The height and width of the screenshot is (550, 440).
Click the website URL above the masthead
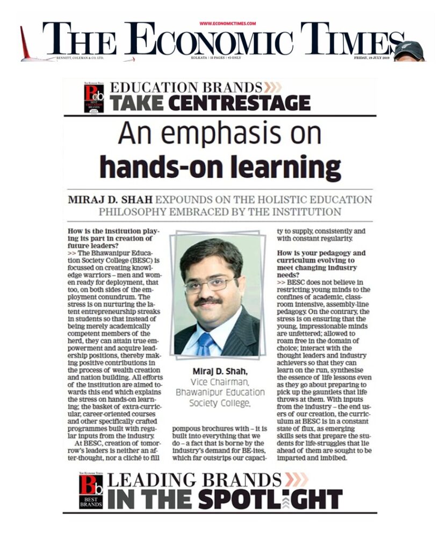[x=228, y=24]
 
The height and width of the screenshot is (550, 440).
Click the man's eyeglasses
[x=210, y=284]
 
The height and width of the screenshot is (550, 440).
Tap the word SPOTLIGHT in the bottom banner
[x=270, y=500]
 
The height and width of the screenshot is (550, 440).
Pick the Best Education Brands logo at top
[x=93, y=97]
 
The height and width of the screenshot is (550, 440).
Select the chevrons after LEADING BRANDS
[x=297, y=480]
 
